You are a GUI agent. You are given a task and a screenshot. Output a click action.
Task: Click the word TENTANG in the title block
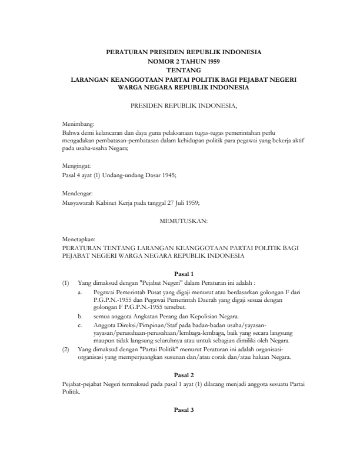click(180, 70)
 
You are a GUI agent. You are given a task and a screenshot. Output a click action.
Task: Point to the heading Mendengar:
click(78, 194)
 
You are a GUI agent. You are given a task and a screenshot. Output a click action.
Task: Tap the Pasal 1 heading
click(180, 274)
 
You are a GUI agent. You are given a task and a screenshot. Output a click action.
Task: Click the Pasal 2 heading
click(180, 374)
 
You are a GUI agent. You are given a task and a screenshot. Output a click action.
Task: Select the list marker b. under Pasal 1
click(80, 316)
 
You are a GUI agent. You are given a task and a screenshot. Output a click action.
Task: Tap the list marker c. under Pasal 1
click(80, 324)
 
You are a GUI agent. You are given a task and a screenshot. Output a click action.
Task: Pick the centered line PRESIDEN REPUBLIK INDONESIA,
click(180, 106)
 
